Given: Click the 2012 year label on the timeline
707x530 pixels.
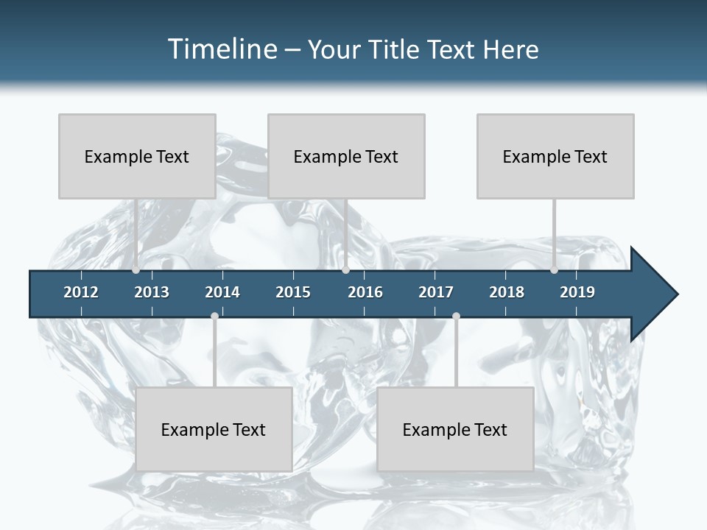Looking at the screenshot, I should click(81, 292).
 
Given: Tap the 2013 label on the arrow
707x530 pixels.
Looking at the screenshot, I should click(152, 292).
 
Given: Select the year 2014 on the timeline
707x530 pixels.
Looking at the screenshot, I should click(222, 292).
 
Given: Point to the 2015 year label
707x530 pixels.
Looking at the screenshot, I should click(293, 292).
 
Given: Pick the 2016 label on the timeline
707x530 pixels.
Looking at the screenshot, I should click(365, 292).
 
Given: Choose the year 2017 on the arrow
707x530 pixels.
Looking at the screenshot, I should click(436, 292).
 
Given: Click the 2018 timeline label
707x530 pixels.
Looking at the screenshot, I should click(507, 292).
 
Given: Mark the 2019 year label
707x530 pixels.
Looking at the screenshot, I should click(577, 292).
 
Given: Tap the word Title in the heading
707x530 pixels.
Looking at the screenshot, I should click(395, 49).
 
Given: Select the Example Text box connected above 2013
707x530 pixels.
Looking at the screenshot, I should click(137, 156).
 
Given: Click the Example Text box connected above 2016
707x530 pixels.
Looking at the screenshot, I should click(346, 156).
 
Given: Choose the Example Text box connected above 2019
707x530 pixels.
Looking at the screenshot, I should click(555, 156).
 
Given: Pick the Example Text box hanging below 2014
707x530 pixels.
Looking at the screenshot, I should click(214, 429).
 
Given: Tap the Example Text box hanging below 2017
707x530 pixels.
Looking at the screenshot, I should click(455, 429).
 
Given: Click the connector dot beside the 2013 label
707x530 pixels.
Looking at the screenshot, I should click(136, 270).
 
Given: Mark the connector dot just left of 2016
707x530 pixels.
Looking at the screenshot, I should click(345, 270).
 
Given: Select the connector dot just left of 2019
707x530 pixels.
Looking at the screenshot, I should click(555, 270).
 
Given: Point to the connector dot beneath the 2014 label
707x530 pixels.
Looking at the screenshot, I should click(214, 317).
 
